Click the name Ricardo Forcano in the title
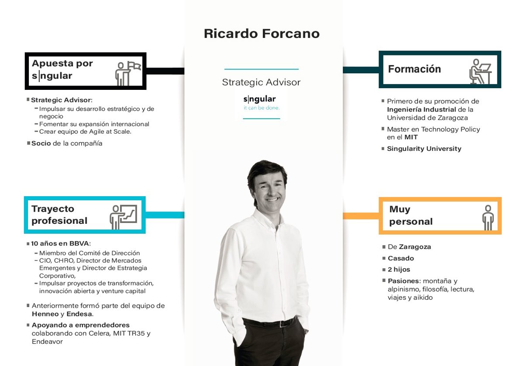click(x=262, y=34)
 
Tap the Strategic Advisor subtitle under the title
click(x=261, y=82)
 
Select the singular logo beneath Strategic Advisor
click(x=261, y=103)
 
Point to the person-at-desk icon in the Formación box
click(x=480, y=71)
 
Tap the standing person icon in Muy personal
click(x=487, y=217)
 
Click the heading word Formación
click(x=414, y=69)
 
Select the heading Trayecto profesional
click(x=59, y=215)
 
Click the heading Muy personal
click(x=410, y=215)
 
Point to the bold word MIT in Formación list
click(x=411, y=137)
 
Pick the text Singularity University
click(x=424, y=149)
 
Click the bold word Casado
click(x=400, y=258)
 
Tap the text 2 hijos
click(x=399, y=270)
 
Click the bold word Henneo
click(x=45, y=314)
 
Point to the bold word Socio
click(x=41, y=143)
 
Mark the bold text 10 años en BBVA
click(x=60, y=243)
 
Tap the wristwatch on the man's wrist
click(x=306, y=331)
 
